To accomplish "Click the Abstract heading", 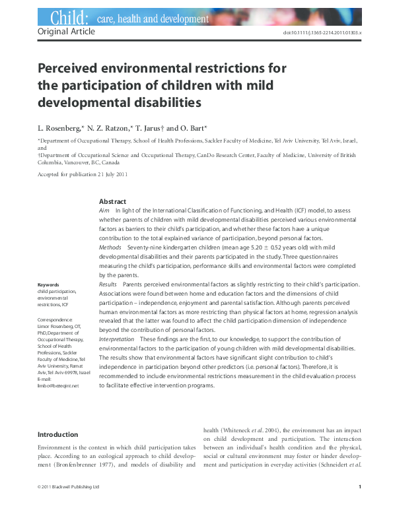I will (112, 201).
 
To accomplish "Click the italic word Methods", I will (110, 246).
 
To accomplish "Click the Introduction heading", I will (57, 434).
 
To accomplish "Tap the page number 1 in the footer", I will (359, 506).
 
